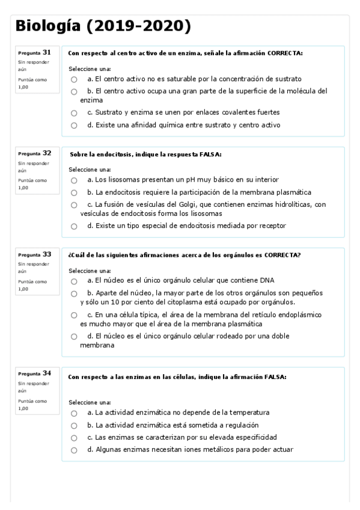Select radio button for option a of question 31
click(x=73, y=79)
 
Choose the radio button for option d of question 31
click(x=73, y=126)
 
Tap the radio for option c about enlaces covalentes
click(x=73, y=113)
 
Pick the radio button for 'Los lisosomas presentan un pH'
click(x=73, y=180)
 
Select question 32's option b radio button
click(x=73, y=193)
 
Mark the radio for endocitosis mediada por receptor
click(x=73, y=227)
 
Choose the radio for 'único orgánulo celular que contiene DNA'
click(x=73, y=281)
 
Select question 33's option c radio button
click(x=73, y=315)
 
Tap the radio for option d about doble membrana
click(x=73, y=337)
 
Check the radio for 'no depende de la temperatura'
click(x=73, y=413)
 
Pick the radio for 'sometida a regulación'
click(x=73, y=426)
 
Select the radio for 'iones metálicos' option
click(x=73, y=450)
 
